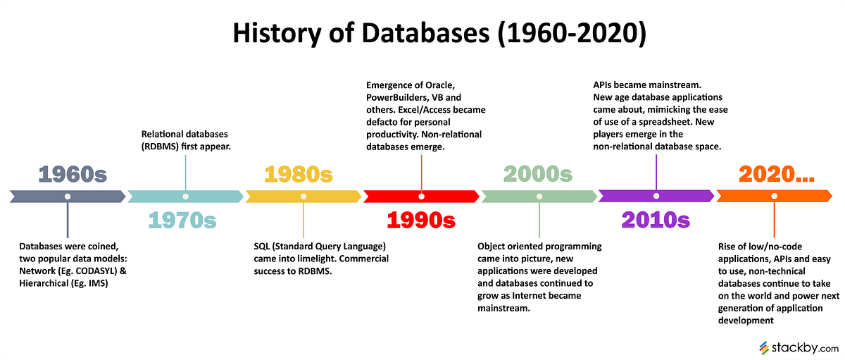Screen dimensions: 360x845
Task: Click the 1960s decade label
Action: [72, 174]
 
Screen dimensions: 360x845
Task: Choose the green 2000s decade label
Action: [538, 174]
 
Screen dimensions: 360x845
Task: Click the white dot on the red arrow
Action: [421, 197]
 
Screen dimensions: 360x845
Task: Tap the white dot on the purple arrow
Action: [656, 197]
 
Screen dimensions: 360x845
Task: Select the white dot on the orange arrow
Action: [774, 197]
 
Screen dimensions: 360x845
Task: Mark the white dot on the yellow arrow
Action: [303, 197]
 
